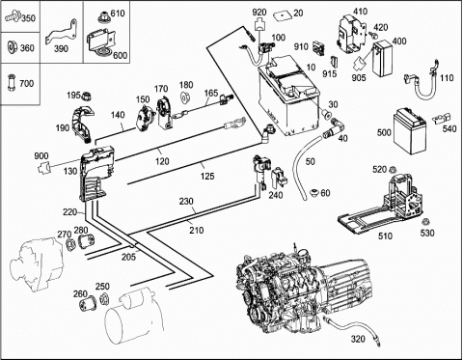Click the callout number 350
[28, 18]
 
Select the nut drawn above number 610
[103, 16]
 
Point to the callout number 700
[27, 84]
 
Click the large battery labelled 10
[288, 97]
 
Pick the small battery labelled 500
[410, 131]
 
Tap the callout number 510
[385, 236]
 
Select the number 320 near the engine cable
[358, 339]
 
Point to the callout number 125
[207, 176]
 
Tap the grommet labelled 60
[314, 193]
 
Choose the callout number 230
[186, 202]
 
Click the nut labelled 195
[86, 96]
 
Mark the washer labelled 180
[185, 97]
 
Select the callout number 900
[41, 156]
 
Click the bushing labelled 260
[86, 302]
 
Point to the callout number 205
[128, 257]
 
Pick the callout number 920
[259, 13]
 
